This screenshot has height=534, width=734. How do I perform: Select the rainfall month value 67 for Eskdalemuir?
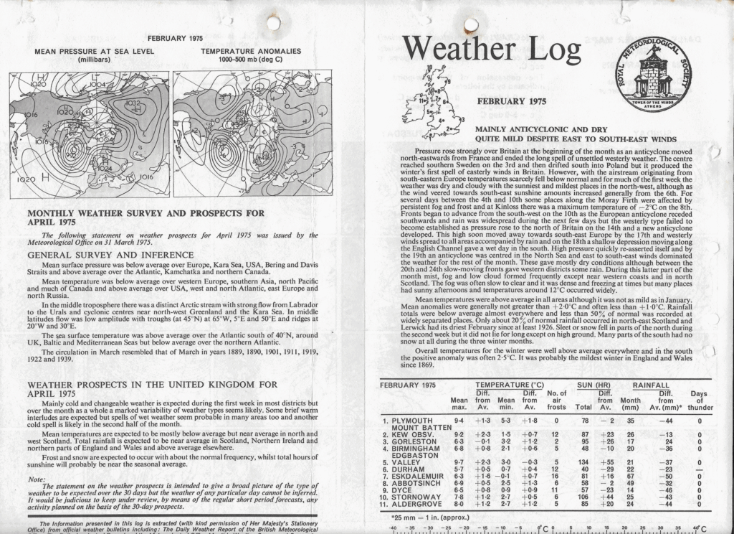[631, 474]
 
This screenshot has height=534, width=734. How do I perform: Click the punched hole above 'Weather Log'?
[470, 25]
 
